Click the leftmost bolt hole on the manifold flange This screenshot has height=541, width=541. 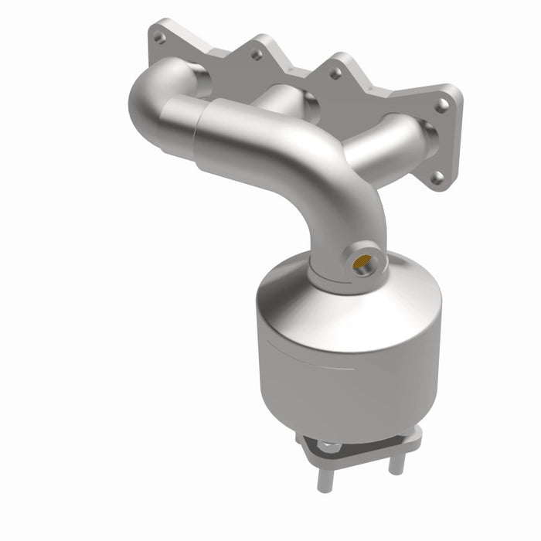pos(159,36)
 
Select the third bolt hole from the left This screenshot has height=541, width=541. pos(335,73)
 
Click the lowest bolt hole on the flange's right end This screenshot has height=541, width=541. pos(437,177)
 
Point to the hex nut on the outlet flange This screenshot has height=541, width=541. pos(328,446)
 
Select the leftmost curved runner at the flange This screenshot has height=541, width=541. pos(166,93)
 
